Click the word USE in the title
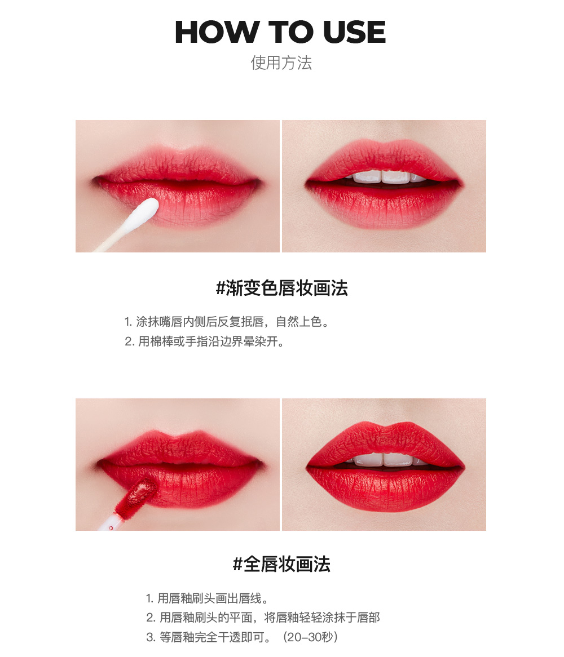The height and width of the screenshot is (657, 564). coord(354,32)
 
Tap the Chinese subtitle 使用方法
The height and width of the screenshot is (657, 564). coord(281,62)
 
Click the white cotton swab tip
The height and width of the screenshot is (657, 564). coord(146,211)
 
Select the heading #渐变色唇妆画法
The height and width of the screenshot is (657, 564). coord(281,288)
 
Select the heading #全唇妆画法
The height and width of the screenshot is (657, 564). coord(281,564)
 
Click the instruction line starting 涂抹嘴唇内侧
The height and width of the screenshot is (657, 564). coord(226,322)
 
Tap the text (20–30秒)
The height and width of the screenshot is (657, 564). coord(311,637)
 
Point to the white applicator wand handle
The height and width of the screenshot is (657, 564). coord(107,524)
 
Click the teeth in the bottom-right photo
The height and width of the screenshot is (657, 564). coord(384,459)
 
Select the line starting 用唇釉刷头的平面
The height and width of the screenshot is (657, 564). coord(263,618)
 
